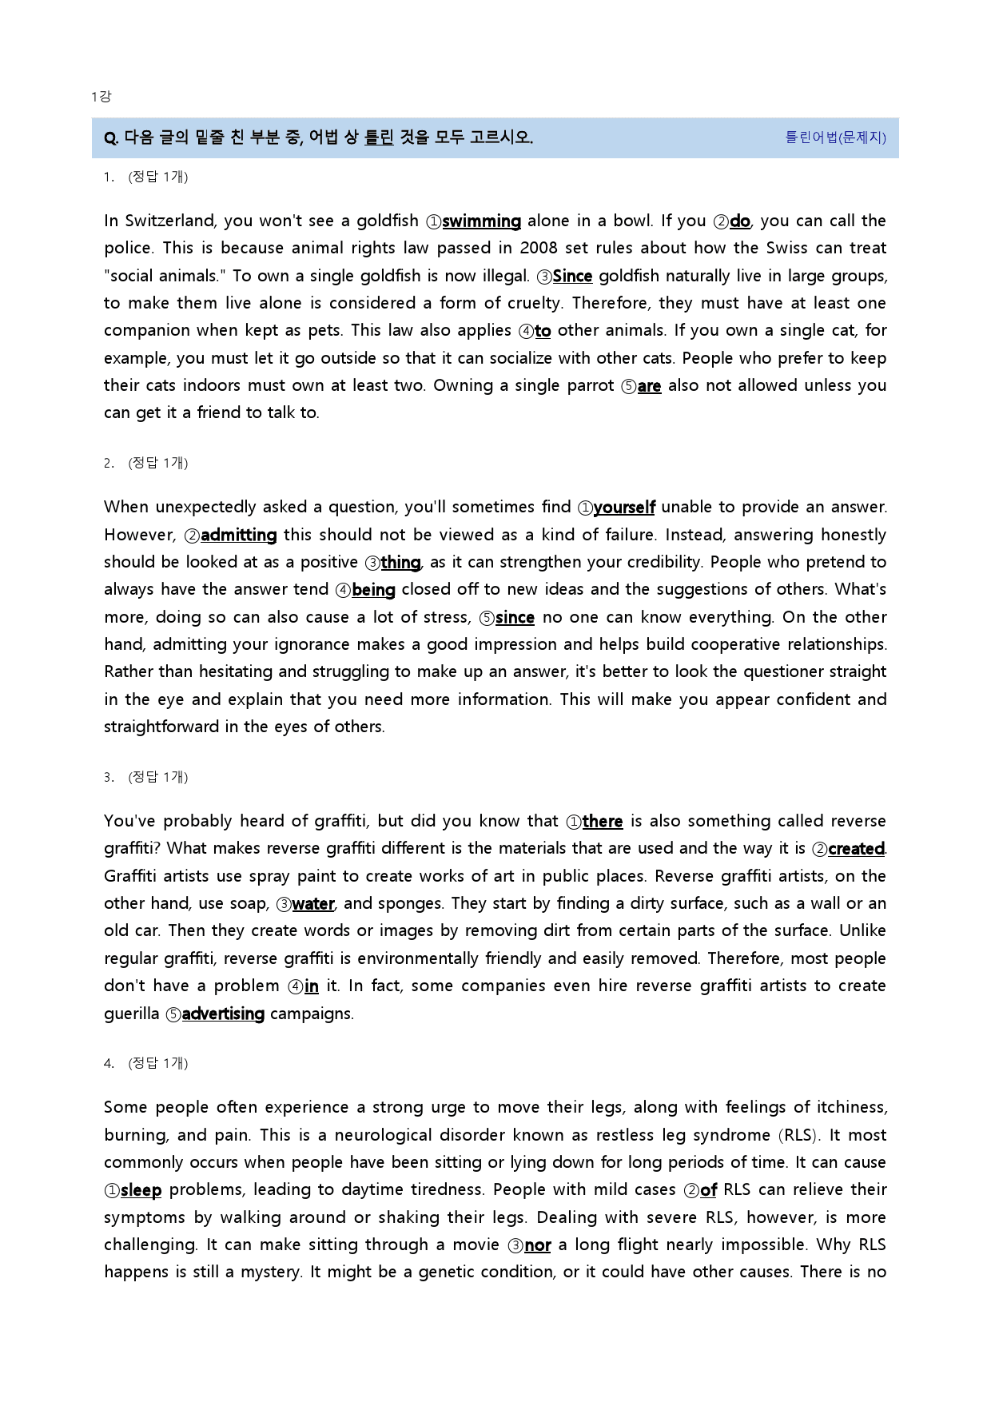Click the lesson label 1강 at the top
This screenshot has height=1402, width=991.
pos(101,97)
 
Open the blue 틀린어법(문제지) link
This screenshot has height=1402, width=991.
pos(835,137)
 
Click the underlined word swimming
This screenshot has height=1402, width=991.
pos(481,221)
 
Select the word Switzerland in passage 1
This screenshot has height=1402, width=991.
pos(170,221)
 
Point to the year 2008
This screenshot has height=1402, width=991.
pos(539,249)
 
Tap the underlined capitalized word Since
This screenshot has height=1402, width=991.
pos(572,277)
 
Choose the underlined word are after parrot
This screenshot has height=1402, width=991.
pos(649,386)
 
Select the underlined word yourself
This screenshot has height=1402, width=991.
pos(624,508)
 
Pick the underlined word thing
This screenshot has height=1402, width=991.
pos(400,563)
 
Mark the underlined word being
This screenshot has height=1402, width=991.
pos(373,590)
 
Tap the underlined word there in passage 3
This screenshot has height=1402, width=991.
pos(603,822)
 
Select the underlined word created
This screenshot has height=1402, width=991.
pos(857,849)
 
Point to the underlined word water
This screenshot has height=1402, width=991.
pos(313,904)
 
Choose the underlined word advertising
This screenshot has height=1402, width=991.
pos(223,1014)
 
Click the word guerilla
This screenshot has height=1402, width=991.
pos(131,1014)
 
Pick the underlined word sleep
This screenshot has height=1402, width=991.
pos(141,1190)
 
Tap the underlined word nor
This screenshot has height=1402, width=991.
pos(538,1245)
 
